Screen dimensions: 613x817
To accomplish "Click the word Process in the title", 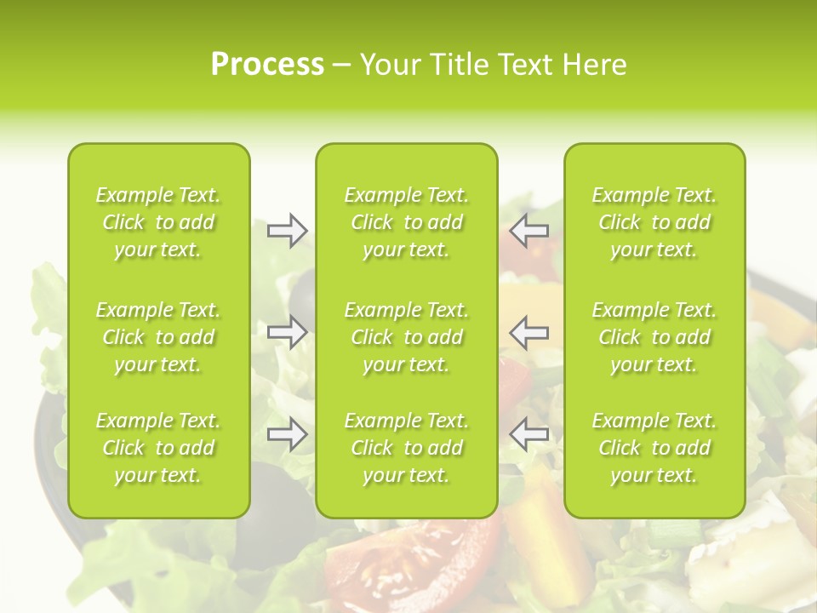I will (267, 65).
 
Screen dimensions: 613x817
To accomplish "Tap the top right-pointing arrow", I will (288, 231).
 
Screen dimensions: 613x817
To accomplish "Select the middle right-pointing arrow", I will (288, 332).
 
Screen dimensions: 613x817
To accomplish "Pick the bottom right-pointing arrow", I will (288, 434).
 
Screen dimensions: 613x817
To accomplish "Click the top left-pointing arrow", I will (528, 231).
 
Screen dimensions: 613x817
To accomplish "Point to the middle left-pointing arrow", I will (528, 332).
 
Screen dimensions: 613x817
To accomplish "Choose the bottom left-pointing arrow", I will (528, 434).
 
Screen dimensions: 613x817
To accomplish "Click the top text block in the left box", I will (158, 222).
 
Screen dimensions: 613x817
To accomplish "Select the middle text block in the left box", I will (158, 337).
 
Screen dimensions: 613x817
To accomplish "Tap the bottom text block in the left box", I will (158, 448).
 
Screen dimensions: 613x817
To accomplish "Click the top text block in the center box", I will (406, 222).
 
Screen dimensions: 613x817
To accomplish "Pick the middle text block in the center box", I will (406, 337).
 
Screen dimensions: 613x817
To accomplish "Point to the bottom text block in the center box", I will (406, 448).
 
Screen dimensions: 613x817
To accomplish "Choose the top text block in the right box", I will (654, 222).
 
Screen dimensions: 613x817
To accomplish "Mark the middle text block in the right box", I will (654, 337).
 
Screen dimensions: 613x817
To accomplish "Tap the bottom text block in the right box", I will (654, 448).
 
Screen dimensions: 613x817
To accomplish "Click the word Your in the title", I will (391, 65).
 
